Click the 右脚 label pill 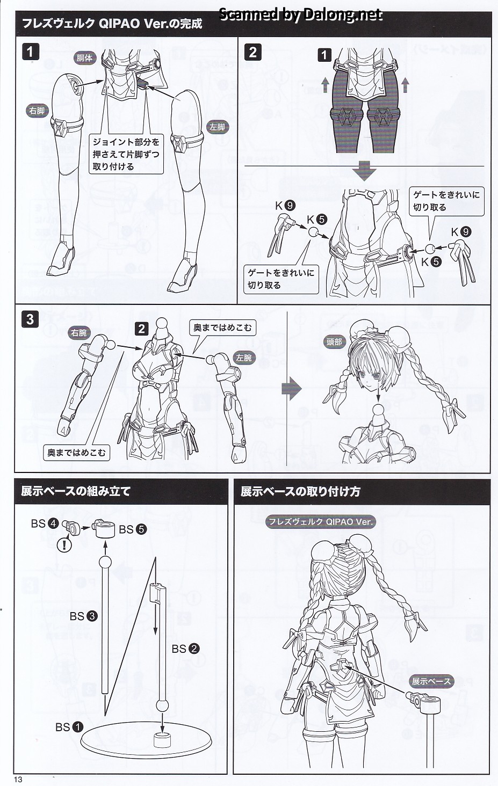point(37,111)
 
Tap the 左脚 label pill point(217,127)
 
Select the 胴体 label point(84,58)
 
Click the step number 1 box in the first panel point(30,52)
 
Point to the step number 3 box point(30,319)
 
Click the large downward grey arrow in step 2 point(365,170)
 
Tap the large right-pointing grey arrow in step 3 point(292,389)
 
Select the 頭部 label point(334,342)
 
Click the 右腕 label point(78,333)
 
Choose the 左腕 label point(244,358)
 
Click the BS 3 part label point(84,616)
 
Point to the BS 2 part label point(185,649)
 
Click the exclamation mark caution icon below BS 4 point(64,544)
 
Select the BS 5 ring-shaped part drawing point(104,529)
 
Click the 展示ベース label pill point(431,681)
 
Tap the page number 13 point(18,779)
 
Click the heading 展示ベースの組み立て point(76,491)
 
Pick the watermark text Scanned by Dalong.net point(301,14)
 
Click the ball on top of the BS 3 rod point(105,562)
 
